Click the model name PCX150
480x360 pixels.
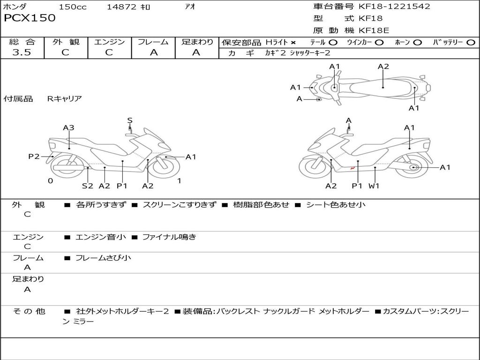pyautogui.click(x=30, y=18)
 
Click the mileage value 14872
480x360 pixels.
pyautogui.click(x=121, y=7)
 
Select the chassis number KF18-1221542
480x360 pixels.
pyautogui.click(x=394, y=7)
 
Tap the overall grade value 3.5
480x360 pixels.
pyautogui.click(x=22, y=52)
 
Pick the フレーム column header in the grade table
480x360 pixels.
pyautogui.click(x=153, y=42)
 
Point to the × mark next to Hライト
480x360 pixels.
pyautogui.click(x=293, y=43)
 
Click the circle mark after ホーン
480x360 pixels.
pyautogui.click(x=418, y=43)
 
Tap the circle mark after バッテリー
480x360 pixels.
pyautogui.click(x=471, y=43)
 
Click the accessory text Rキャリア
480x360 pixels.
pyautogui.click(x=65, y=98)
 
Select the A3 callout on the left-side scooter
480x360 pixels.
pyautogui.click(x=68, y=127)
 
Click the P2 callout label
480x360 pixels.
pyautogui.click(x=34, y=157)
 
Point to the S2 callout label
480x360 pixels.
pyautogui.click(x=88, y=186)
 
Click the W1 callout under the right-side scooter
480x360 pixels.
pyautogui.click(x=374, y=186)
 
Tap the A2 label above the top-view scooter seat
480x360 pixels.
pyautogui.click(x=383, y=67)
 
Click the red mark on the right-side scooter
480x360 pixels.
pyautogui.click(x=352, y=168)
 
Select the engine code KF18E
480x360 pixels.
pyautogui.click(x=374, y=30)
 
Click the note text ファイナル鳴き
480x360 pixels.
pyautogui.click(x=169, y=237)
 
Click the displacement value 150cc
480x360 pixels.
pyautogui.click(x=73, y=7)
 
